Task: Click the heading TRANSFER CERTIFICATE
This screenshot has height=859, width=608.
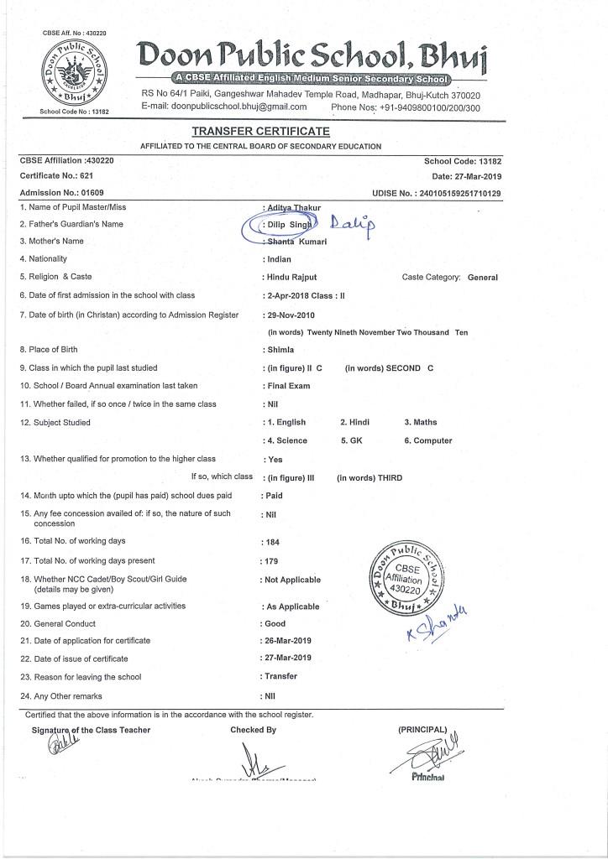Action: point(260,132)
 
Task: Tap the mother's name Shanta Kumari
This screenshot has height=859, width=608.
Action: point(296,242)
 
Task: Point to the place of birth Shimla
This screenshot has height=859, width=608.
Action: point(280,350)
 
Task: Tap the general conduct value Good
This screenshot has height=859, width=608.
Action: point(275,623)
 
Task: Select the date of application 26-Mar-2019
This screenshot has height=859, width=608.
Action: point(289,641)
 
